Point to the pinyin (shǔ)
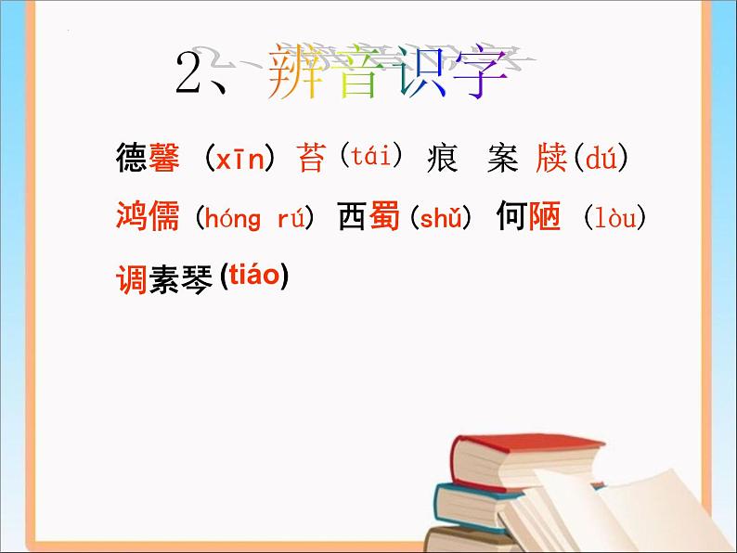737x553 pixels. pyautogui.click(x=441, y=218)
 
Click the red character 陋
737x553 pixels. pyautogui.click(x=545, y=218)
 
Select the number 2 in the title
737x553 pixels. pyautogui.click(x=191, y=75)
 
